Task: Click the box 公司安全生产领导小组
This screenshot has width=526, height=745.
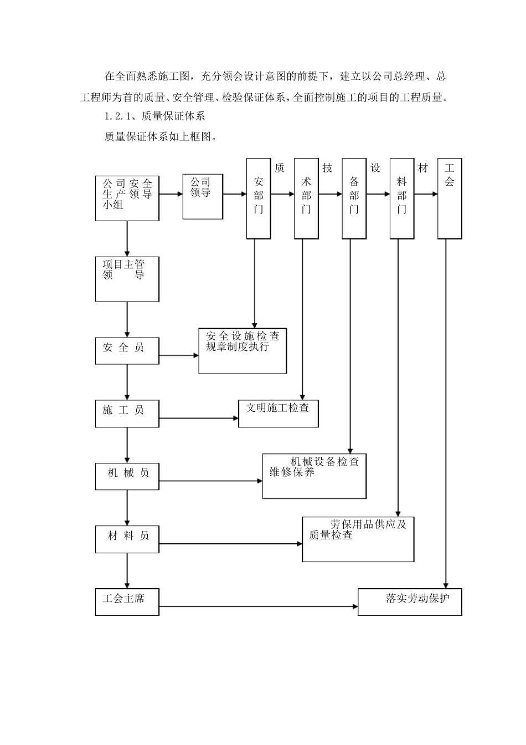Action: coord(127,198)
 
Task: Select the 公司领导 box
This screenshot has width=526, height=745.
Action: coord(203,196)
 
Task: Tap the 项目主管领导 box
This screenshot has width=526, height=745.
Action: coord(127,279)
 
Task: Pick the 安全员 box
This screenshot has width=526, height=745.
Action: coord(127,351)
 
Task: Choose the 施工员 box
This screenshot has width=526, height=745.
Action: coord(127,414)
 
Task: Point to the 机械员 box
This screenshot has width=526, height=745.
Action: coord(127,476)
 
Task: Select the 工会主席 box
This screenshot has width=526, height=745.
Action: coord(127,602)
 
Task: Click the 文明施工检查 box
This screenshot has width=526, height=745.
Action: coord(279,414)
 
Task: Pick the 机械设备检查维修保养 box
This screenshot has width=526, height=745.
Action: coord(314,476)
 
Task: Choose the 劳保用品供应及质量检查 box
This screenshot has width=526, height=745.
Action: coord(358,539)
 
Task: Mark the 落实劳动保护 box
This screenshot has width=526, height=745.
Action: coord(410,602)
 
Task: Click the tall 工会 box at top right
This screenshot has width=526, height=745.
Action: coord(450,198)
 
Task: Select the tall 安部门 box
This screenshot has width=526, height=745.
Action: coord(259,198)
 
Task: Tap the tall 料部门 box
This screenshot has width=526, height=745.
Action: coord(402,198)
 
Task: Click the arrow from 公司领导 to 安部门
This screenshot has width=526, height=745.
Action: coord(235,195)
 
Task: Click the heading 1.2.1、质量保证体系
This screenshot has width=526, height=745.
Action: coord(154,116)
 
